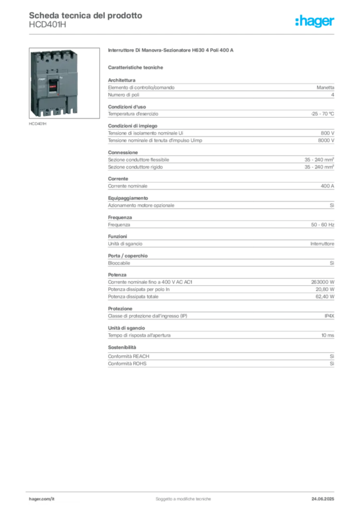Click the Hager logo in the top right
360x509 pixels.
click(x=315, y=21)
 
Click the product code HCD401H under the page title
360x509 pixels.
click(x=47, y=25)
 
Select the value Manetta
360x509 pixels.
click(x=325, y=87)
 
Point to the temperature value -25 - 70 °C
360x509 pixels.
click(x=322, y=114)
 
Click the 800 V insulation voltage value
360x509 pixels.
click(x=328, y=133)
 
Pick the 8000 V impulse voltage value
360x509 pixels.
click(x=326, y=141)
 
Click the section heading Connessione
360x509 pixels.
click(x=123, y=153)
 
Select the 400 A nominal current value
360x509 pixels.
click(x=327, y=186)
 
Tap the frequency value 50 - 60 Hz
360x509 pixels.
click(x=322, y=225)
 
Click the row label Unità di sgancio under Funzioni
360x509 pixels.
click(x=125, y=244)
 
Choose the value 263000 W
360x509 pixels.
click(x=323, y=282)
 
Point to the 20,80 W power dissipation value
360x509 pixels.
click(x=325, y=289)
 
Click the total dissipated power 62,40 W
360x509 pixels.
click(x=325, y=297)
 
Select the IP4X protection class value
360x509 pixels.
click(x=329, y=316)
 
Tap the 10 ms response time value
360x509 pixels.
click(x=328, y=336)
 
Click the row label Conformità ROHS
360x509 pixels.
click(x=127, y=363)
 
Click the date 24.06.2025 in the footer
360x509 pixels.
click(x=323, y=499)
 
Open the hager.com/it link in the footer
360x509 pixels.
click(x=42, y=499)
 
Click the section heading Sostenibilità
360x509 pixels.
click(x=122, y=347)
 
